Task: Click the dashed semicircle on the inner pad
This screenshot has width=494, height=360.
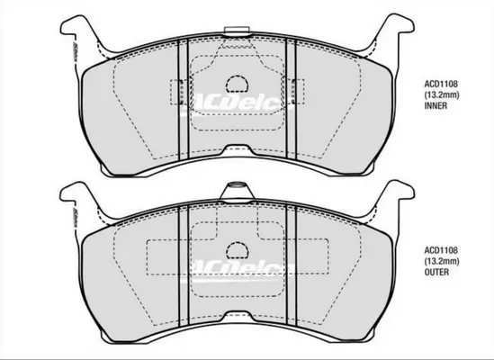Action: [237, 84]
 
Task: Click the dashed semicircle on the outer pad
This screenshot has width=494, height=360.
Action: [237, 251]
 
